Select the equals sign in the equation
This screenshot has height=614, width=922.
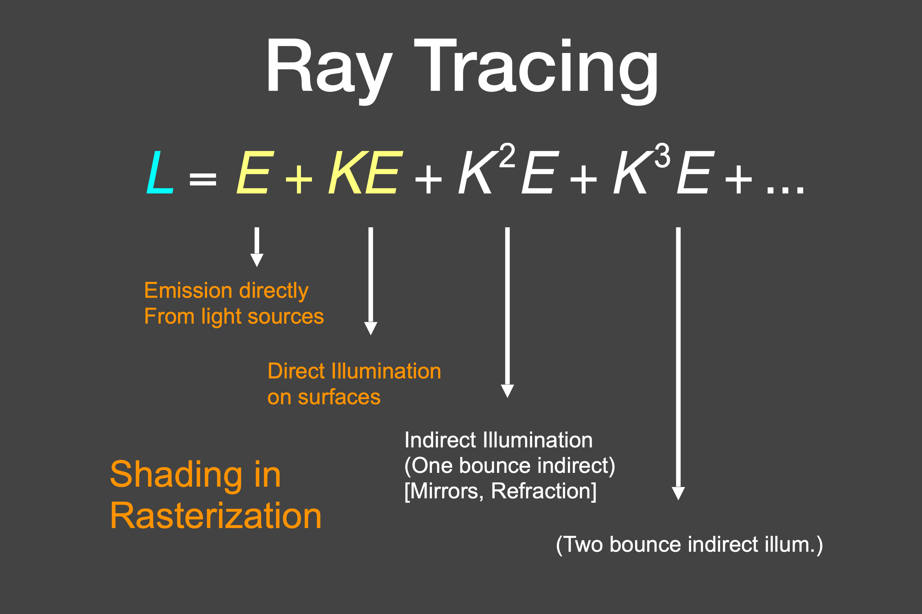pyautogui.click(x=203, y=179)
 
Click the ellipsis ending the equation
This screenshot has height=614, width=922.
pyautogui.click(x=785, y=190)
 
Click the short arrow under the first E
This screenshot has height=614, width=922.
pyautogui.click(x=257, y=247)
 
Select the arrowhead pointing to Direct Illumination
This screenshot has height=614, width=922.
pyautogui.click(x=370, y=328)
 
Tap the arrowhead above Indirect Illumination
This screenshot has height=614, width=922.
pyautogui.click(x=507, y=391)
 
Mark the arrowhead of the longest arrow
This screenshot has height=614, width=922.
pyautogui.click(x=678, y=493)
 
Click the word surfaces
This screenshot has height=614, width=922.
pyautogui.click(x=339, y=397)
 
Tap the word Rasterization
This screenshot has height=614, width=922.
pyautogui.click(x=216, y=516)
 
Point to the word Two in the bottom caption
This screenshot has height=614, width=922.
pyautogui.click(x=583, y=544)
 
